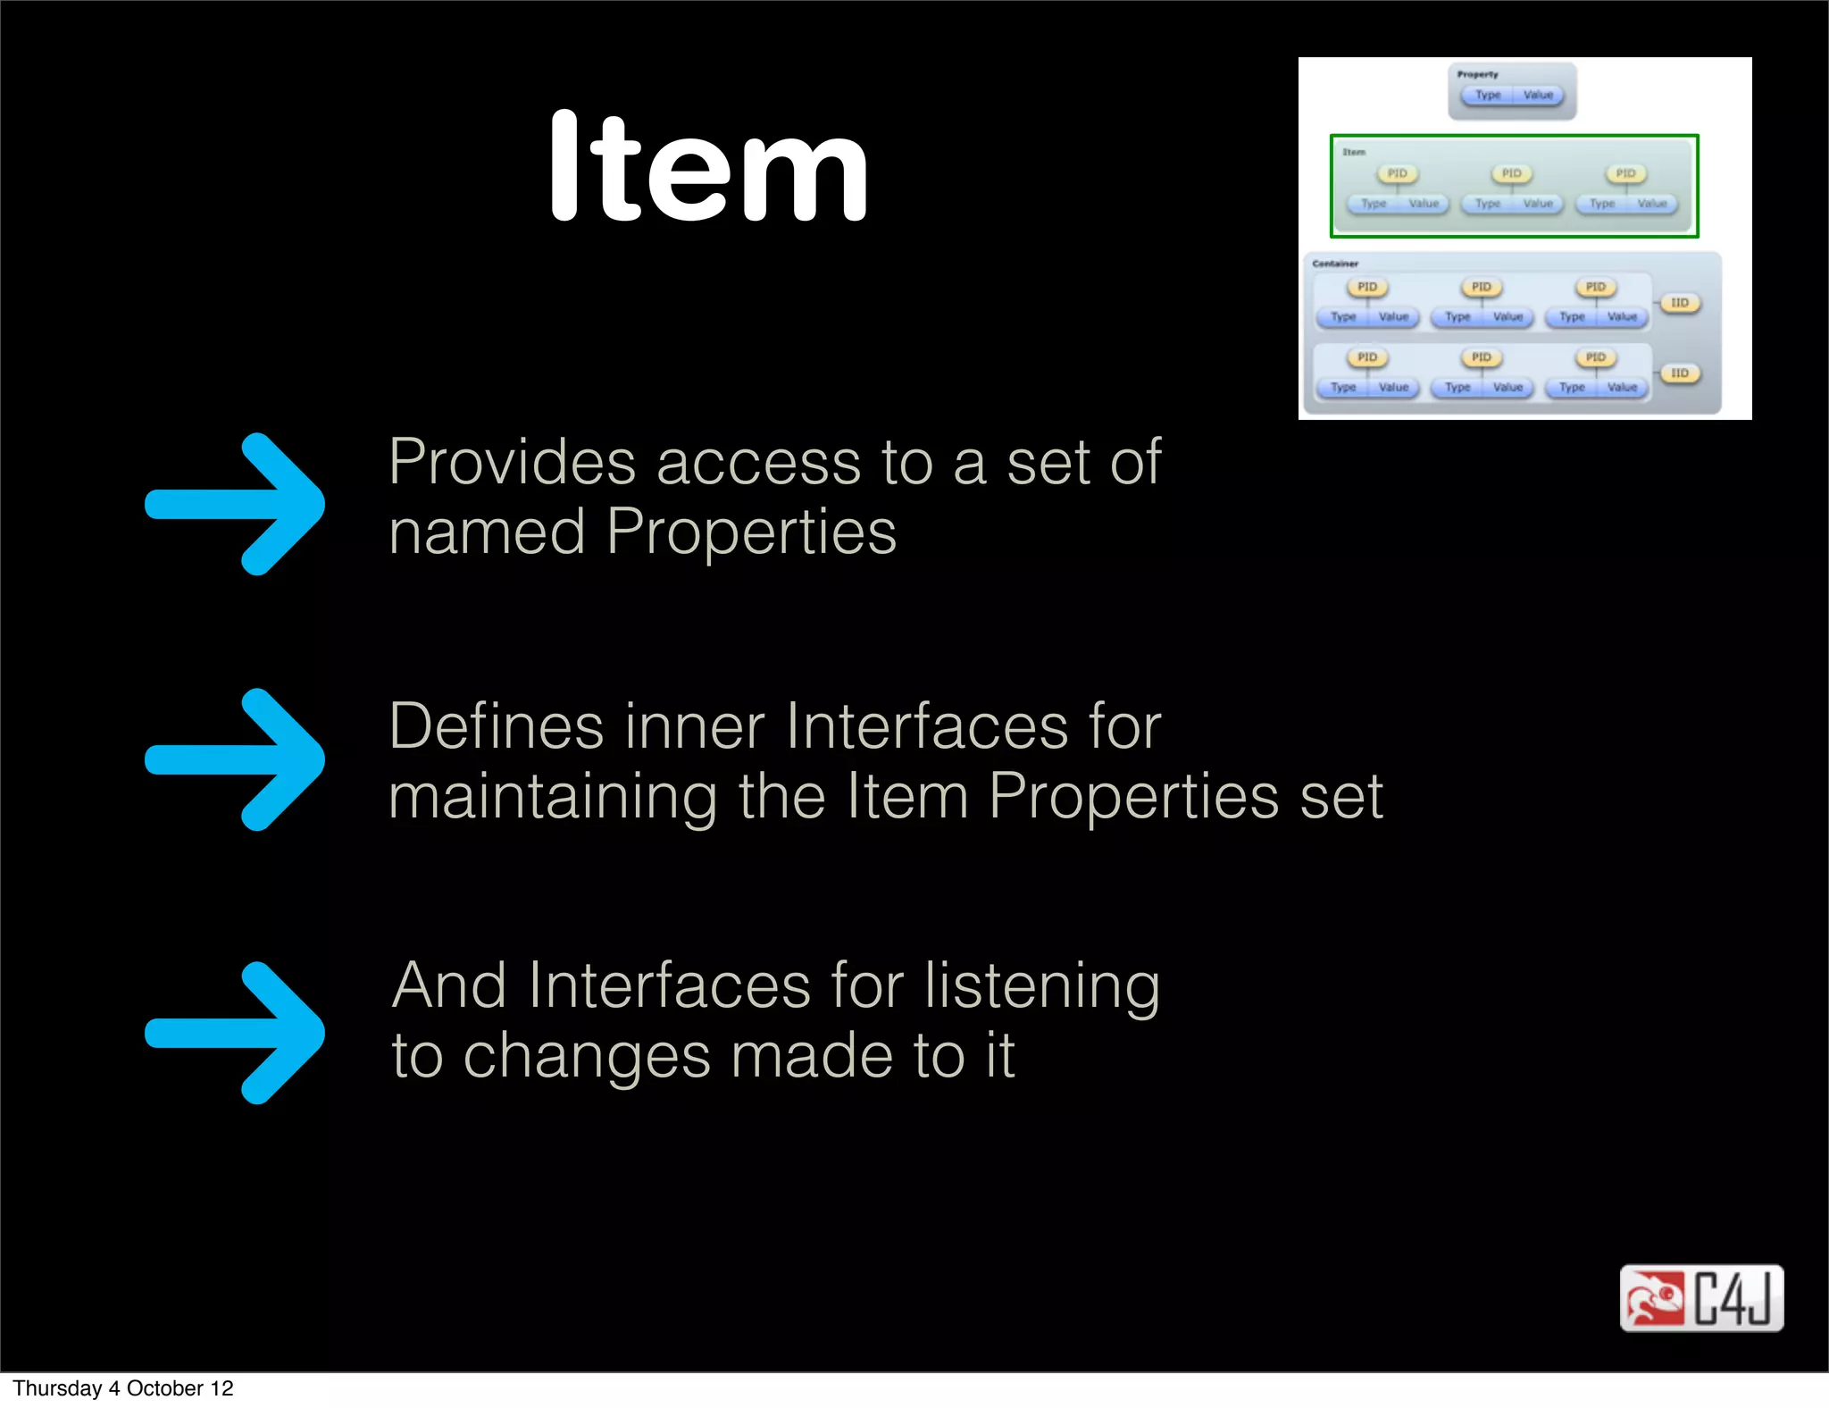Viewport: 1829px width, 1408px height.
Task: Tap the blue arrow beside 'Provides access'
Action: tap(236, 504)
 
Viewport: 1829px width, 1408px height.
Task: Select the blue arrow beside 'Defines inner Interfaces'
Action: tap(236, 759)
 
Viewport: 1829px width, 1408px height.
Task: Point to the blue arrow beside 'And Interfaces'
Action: tap(236, 1033)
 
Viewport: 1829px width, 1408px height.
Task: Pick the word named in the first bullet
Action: tap(487, 533)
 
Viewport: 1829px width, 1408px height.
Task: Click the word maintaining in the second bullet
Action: tap(553, 797)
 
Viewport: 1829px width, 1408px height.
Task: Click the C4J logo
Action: tap(1701, 1298)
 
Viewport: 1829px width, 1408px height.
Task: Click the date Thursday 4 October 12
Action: tap(123, 1388)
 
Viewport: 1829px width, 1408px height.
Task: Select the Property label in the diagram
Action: tap(1477, 74)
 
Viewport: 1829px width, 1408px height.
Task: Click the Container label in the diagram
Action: tap(1335, 264)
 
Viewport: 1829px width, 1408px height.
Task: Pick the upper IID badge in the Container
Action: tap(1680, 303)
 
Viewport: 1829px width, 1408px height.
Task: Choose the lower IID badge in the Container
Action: tap(1680, 373)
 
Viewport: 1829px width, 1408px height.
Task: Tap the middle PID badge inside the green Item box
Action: tap(1511, 173)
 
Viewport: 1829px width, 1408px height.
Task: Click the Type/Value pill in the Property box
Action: tap(1513, 95)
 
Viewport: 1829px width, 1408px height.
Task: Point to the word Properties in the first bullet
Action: tap(751, 533)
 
